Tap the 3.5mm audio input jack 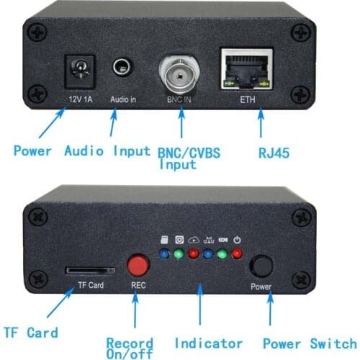(x=122, y=68)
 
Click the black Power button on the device (x=261, y=266)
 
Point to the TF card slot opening (x=90, y=271)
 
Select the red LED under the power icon (x=237, y=253)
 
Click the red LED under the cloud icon (x=193, y=253)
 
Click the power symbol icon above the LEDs (x=237, y=240)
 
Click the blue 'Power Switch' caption (x=309, y=343)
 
